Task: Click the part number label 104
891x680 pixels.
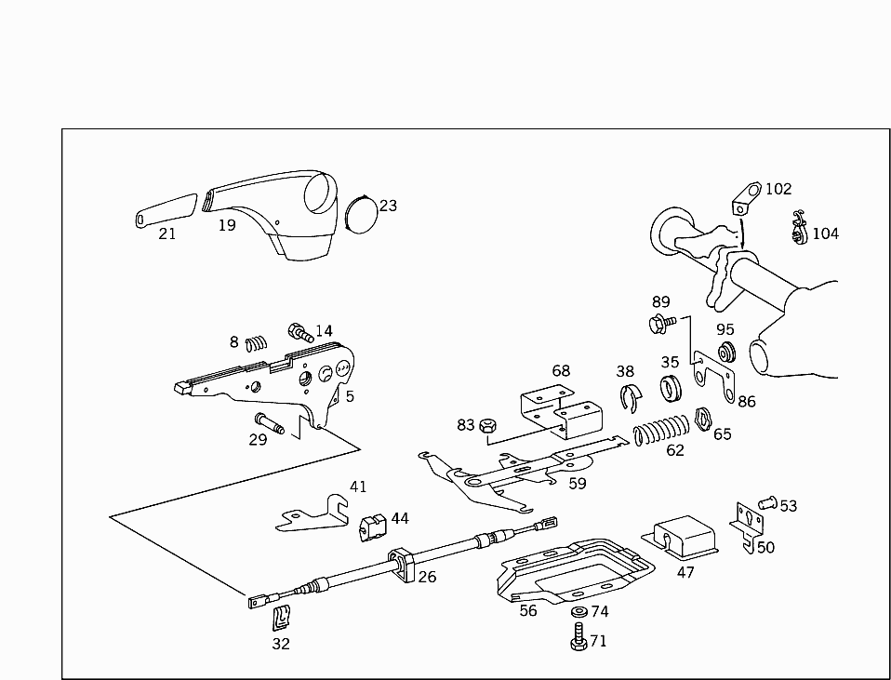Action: click(x=826, y=233)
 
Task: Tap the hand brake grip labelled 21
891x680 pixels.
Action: click(x=165, y=209)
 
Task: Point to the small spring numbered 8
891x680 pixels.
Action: click(x=256, y=343)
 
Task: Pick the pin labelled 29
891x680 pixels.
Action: click(x=270, y=423)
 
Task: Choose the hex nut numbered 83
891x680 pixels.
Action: click(x=485, y=427)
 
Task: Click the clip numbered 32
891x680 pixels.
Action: click(x=282, y=616)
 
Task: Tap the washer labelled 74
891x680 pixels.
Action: click(x=578, y=611)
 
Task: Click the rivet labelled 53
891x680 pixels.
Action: click(x=767, y=503)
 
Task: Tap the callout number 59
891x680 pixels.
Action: click(x=578, y=484)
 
